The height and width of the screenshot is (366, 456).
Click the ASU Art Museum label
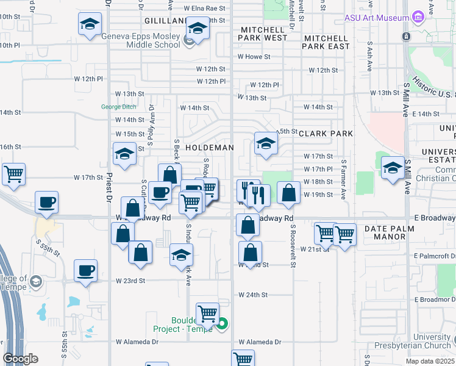coord(377,18)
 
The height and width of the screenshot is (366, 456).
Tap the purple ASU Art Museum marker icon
coord(418,16)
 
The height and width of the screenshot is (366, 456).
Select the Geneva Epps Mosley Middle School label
coord(141,40)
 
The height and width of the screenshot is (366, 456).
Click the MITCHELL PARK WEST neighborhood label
coord(263,34)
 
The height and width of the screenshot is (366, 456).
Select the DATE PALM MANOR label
coord(389,232)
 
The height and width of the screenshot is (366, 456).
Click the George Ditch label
coord(119,107)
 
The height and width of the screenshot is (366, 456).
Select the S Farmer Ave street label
coord(343,180)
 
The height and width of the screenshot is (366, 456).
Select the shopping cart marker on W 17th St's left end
coord(13,174)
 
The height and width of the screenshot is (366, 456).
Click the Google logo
coord(20,359)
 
